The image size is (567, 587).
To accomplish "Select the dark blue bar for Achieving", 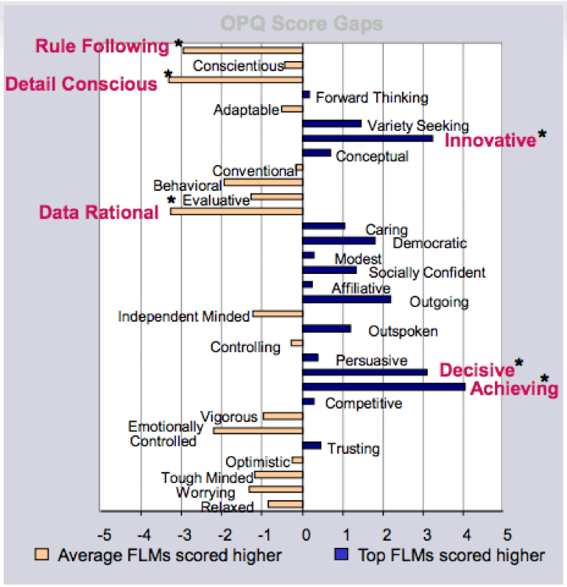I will point(383,386).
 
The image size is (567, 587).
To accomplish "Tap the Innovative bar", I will point(367,139).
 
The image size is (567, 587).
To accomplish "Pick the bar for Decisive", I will point(364,372).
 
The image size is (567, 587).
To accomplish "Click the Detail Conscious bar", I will point(235,79).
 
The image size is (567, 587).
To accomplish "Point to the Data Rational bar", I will point(236,211).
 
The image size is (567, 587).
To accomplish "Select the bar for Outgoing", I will point(346,299).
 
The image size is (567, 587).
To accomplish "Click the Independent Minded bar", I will point(278,314).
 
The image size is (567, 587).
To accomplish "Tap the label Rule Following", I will point(102,46).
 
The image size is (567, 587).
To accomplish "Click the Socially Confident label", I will point(427,272).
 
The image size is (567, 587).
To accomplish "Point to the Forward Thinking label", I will point(371,98).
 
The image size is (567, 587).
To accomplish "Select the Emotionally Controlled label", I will point(165,434).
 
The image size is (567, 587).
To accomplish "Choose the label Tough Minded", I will point(207,477).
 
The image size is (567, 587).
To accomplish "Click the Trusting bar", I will point(312,445).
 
